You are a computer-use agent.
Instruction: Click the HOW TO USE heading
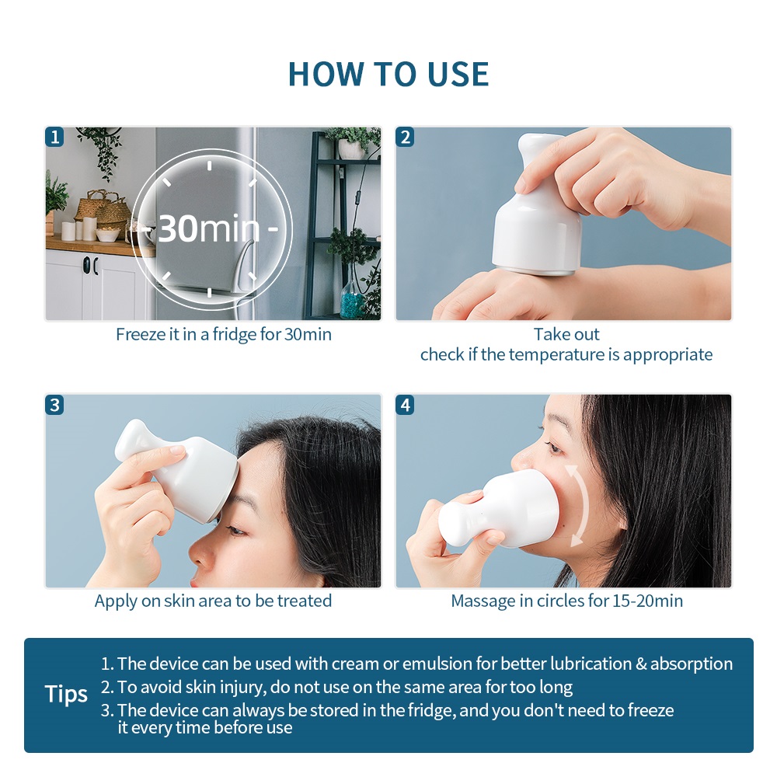coord(388,75)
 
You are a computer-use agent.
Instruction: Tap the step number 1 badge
coord(54,137)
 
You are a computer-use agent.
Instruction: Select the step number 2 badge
coord(406,137)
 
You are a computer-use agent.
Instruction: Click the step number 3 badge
coord(54,405)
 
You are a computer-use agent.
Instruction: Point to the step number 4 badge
coord(406,405)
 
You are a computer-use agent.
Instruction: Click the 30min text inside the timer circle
coord(208,228)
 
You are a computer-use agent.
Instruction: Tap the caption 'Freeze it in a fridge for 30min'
coord(224,334)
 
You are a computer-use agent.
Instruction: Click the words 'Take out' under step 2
coord(566,334)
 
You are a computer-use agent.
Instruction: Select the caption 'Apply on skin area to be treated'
coord(213,601)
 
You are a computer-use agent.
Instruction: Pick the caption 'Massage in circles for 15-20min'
coord(567,601)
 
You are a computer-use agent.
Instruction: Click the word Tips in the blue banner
coord(66,694)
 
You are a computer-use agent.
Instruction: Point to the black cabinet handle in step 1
coord(87,266)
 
